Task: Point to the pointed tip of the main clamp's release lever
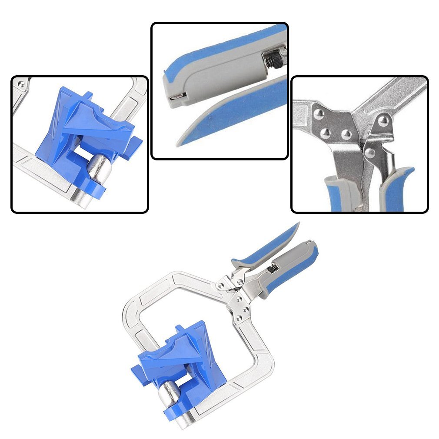pyautogui.click(x=298, y=224)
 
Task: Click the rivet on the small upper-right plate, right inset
pyautogui.click(x=383, y=120)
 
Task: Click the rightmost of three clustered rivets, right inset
pyautogui.click(x=346, y=134)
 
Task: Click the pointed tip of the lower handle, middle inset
pyautogui.click(x=179, y=143)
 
